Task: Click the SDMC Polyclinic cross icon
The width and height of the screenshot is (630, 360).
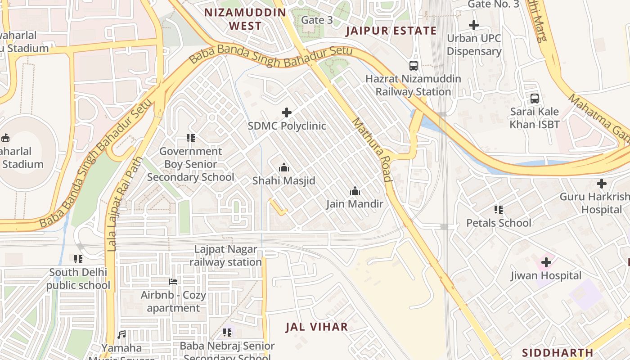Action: (x=287, y=112)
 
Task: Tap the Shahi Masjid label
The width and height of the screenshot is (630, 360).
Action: (x=283, y=180)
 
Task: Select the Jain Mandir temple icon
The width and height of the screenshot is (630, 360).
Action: (x=355, y=191)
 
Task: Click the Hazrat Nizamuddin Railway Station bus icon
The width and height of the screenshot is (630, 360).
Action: (x=413, y=66)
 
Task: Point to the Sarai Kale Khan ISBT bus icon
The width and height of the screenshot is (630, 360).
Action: (x=535, y=99)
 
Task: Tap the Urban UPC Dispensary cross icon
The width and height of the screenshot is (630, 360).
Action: (x=474, y=25)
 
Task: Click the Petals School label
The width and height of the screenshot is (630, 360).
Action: (x=499, y=223)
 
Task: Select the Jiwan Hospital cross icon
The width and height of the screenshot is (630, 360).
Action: (x=546, y=262)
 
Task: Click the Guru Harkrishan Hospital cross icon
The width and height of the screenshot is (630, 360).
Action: (x=601, y=184)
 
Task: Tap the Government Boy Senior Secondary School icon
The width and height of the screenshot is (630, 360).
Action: (x=191, y=138)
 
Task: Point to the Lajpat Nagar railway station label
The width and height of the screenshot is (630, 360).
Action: (x=225, y=256)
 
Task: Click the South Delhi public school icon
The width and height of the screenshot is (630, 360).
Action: (x=78, y=259)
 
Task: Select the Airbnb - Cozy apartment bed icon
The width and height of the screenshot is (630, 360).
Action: (x=173, y=282)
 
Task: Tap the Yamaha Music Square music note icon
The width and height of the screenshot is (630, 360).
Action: (x=121, y=335)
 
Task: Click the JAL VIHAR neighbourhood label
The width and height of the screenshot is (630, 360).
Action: (x=317, y=327)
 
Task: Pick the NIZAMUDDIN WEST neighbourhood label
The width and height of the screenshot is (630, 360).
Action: (x=245, y=19)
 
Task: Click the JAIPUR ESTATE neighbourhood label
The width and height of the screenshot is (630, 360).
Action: (x=391, y=31)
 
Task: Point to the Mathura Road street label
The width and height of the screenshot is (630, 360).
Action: (x=372, y=149)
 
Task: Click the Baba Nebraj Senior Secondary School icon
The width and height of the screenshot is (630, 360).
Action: (x=227, y=333)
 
